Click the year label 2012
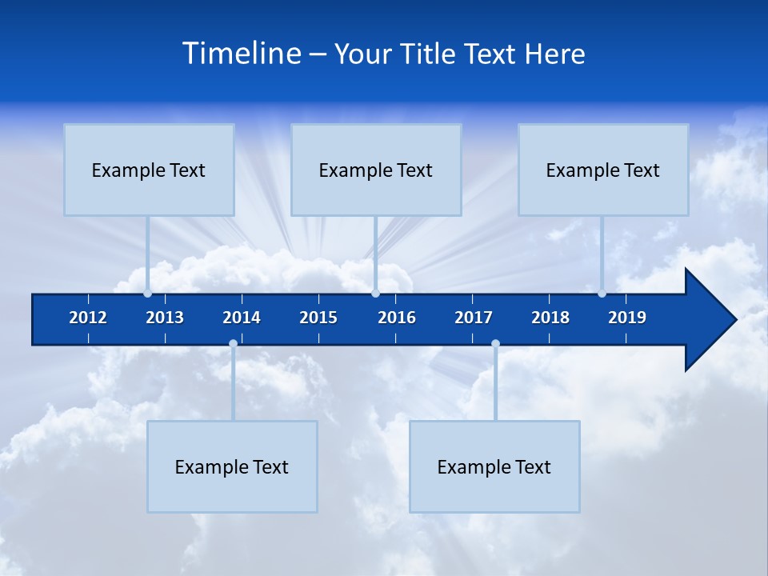tap(88, 318)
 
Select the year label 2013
tap(165, 318)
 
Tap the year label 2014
tap(242, 318)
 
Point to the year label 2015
tap(318, 318)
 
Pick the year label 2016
tap(397, 318)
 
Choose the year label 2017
tap(474, 318)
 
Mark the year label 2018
tap(550, 318)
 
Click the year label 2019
tap(627, 318)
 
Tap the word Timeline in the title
tap(242, 54)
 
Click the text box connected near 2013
tap(149, 170)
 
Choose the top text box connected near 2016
tap(376, 170)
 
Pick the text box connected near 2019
tap(603, 170)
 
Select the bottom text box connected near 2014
tap(232, 466)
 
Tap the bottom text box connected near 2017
tap(494, 466)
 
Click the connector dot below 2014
tap(233, 344)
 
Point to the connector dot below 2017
tap(495, 344)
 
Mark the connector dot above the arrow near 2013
tap(147, 294)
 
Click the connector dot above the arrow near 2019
tap(602, 294)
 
